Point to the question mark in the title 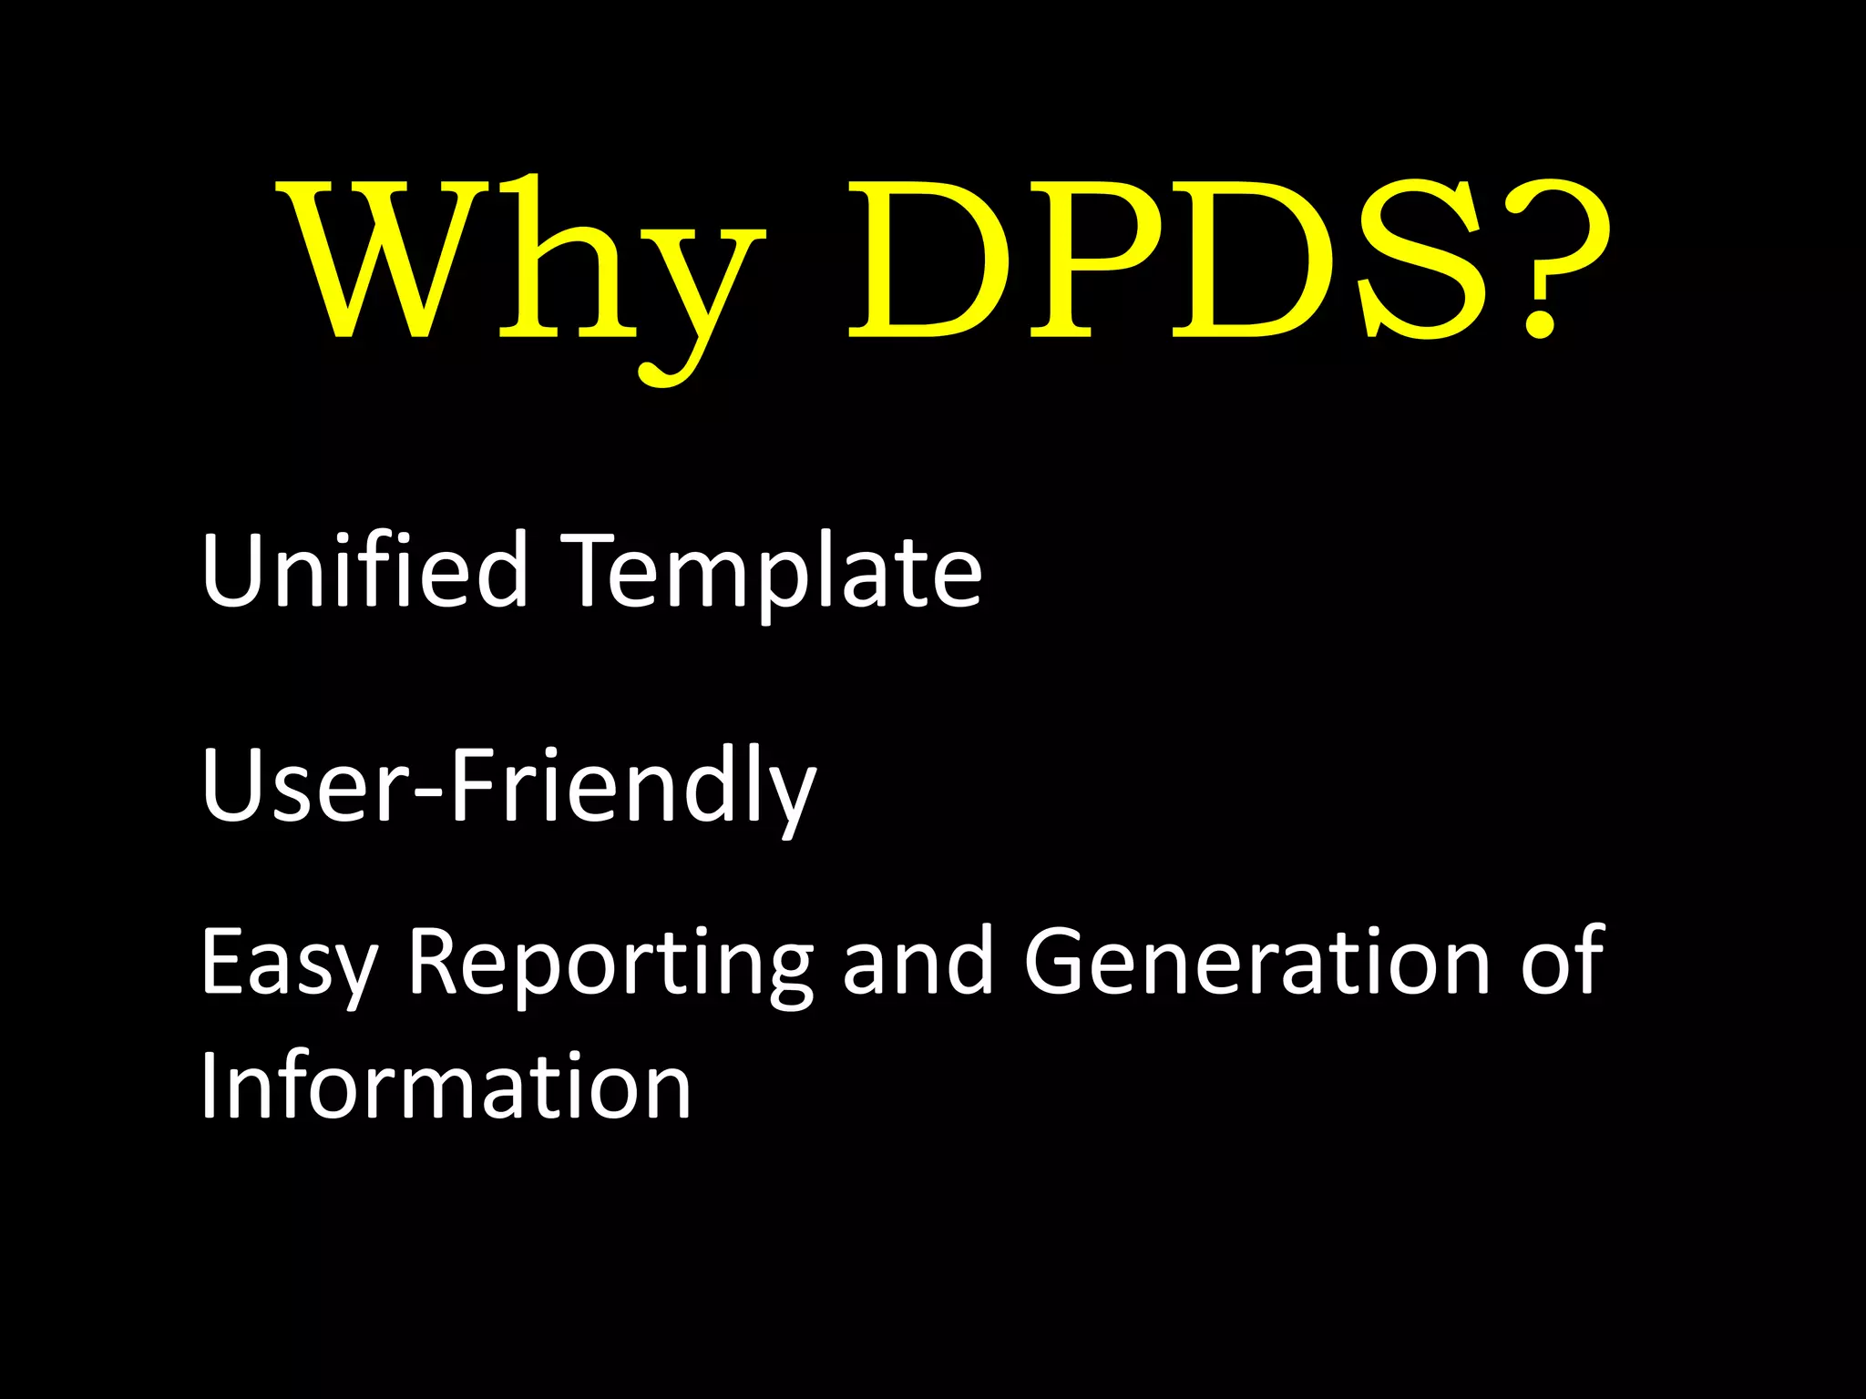tap(1549, 260)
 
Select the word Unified tap(364, 569)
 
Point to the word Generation tap(1257, 961)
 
